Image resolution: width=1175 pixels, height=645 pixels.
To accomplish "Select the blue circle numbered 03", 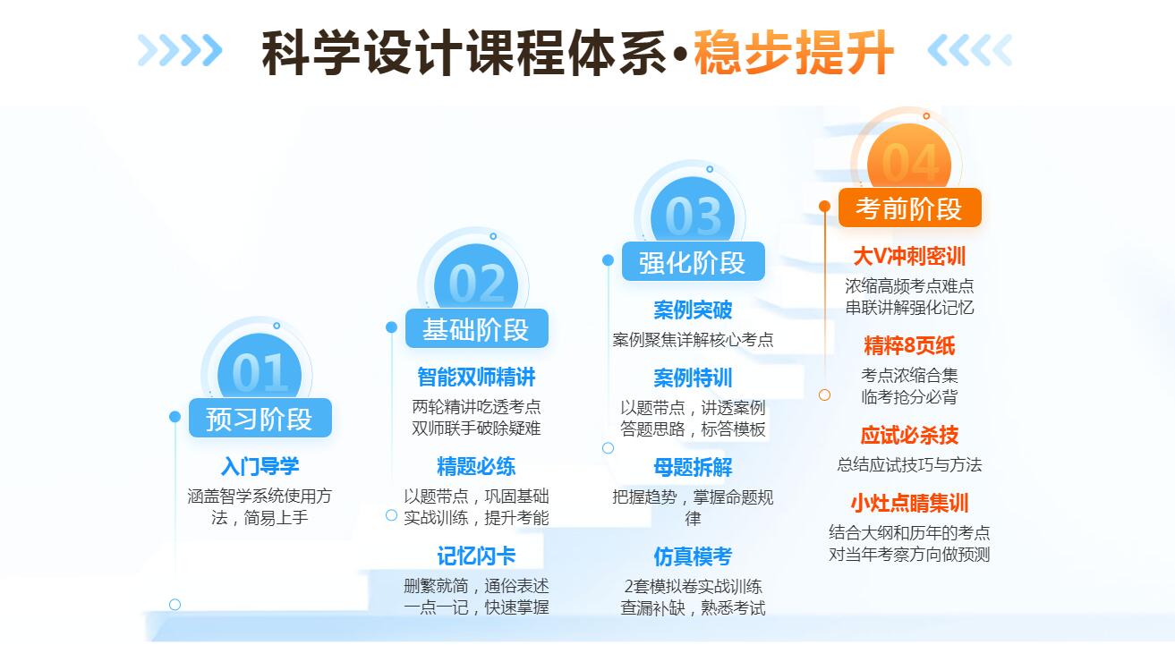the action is [693, 211].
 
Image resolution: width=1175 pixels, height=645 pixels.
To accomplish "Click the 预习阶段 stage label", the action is [260, 418].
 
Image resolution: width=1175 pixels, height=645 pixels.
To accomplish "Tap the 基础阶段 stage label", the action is [476, 329].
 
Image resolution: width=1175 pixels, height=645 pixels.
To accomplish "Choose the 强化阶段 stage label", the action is [693, 262].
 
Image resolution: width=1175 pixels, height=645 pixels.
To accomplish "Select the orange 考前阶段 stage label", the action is [909, 208].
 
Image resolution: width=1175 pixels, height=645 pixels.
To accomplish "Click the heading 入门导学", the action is [260, 466].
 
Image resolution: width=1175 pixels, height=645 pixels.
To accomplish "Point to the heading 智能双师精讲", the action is [476, 377].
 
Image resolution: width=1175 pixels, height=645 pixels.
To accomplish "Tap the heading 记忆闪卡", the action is [476, 556].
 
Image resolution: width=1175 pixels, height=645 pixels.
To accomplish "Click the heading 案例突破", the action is [693, 310].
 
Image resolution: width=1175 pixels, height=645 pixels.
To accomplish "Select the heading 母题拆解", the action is [693, 467].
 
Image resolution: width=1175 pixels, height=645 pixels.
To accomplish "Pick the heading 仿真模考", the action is [693, 556].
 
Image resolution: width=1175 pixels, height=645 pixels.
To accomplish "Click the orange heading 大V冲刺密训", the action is [909, 257].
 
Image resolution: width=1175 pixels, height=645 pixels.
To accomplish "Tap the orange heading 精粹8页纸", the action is [909, 345].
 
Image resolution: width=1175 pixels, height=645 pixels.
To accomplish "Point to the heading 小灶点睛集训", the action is [909, 503].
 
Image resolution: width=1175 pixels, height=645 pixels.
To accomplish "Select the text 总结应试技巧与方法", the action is [909, 464].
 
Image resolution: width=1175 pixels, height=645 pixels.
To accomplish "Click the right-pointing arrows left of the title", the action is [180, 50].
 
